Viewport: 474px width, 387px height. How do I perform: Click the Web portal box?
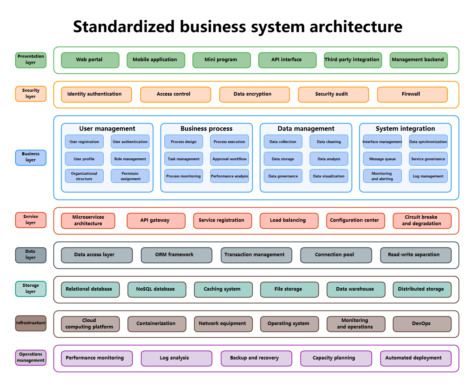(90, 60)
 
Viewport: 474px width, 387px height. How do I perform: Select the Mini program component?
(221, 60)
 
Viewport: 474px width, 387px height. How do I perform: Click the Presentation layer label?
(31, 60)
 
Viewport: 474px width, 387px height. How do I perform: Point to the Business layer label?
(31, 158)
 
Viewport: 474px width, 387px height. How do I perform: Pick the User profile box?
(84, 159)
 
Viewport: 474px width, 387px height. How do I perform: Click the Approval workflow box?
(229, 159)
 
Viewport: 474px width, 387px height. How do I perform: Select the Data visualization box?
(329, 176)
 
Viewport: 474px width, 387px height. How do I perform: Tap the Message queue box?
(382, 159)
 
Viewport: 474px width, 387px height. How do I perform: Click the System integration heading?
(405, 128)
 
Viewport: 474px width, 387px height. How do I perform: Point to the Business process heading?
(206, 128)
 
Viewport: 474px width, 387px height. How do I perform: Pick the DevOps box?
(422, 324)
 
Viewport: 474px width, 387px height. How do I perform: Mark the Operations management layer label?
(31, 358)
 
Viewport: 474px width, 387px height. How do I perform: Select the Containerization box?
(156, 324)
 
